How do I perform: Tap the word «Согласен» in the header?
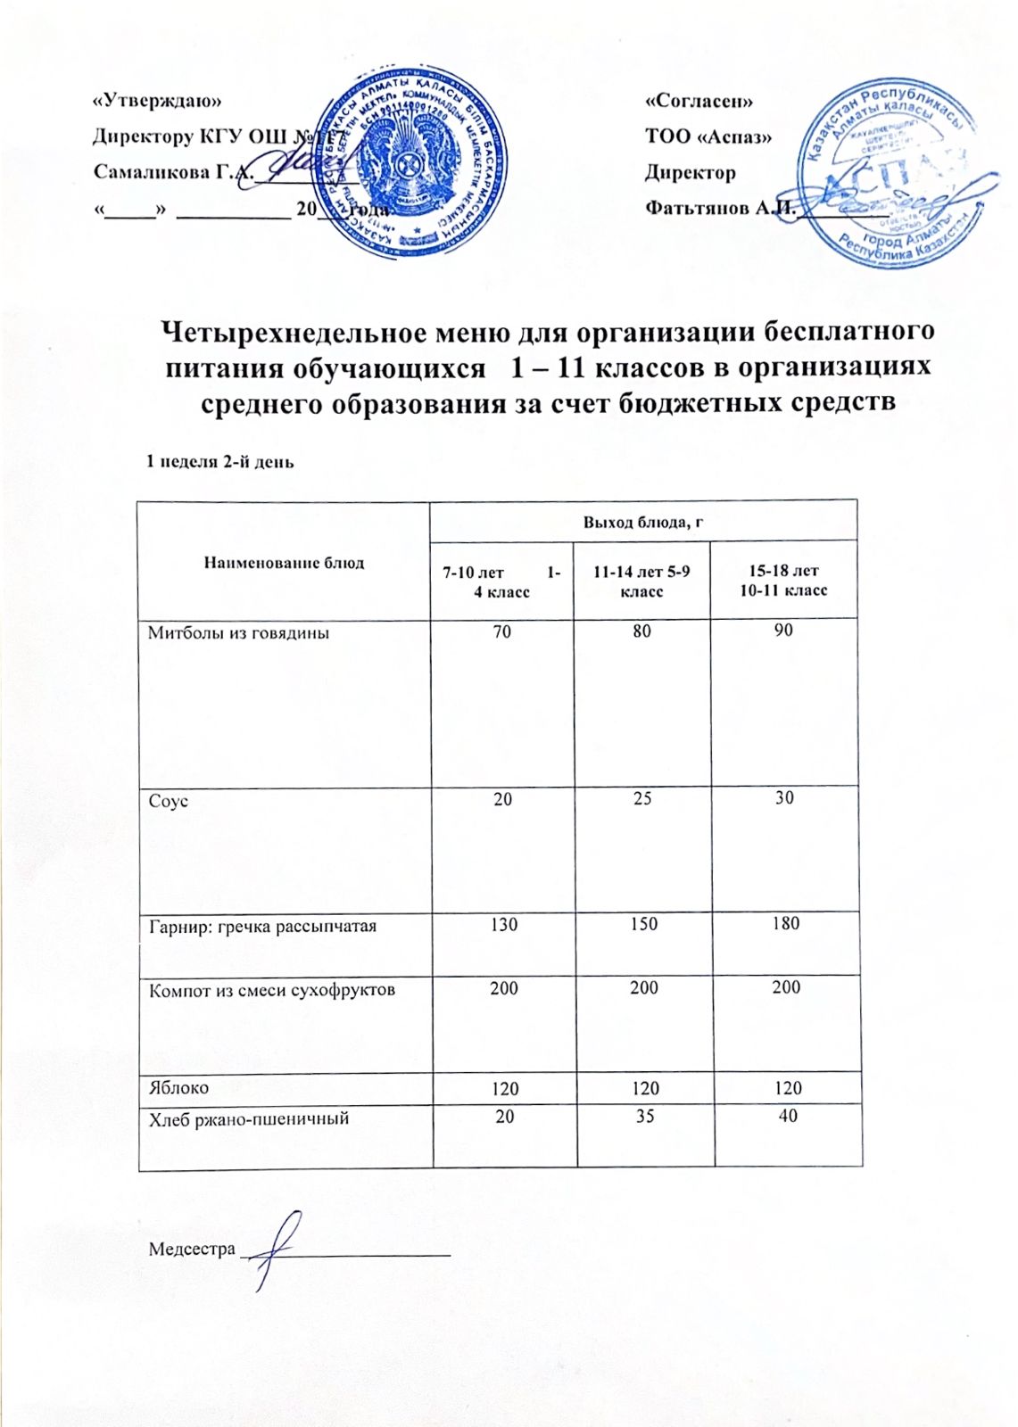(699, 101)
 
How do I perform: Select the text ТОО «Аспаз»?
(708, 136)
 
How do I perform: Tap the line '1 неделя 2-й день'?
(220, 462)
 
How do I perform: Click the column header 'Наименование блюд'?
(285, 562)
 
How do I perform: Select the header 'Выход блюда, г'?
(643, 522)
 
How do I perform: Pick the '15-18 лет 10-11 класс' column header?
(783, 581)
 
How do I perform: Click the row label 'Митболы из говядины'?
(238, 633)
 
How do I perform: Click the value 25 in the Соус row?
(641, 798)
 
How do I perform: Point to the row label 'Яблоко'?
(178, 1088)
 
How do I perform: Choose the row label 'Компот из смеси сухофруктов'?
(271, 990)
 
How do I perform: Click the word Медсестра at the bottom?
(192, 1249)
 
